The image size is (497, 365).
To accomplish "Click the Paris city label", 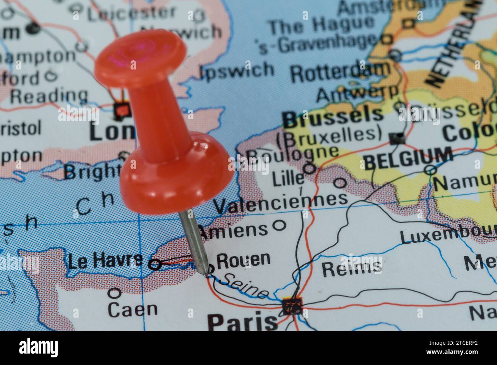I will point(243,321).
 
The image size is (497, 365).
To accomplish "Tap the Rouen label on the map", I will point(244,260).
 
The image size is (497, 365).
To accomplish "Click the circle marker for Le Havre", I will point(154,264).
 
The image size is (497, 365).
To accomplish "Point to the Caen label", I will point(132,309).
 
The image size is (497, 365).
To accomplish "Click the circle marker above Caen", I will point(114,293).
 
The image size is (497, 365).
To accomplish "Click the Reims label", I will point(351,267).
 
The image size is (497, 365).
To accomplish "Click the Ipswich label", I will point(237,70).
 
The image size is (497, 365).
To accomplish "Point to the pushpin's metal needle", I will point(194,237).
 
